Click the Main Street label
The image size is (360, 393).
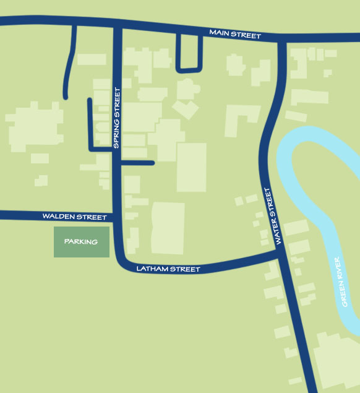pyautogui.click(x=234, y=33)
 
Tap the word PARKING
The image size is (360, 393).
pyautogui.click(x=81, y=242)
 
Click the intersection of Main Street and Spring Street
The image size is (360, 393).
pyautogui.click(x=116, y=25)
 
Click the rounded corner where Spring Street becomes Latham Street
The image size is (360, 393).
pyautogui.click(x=122, y=262)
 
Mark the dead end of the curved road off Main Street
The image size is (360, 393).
pyautogui.click(x=65, y=97)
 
